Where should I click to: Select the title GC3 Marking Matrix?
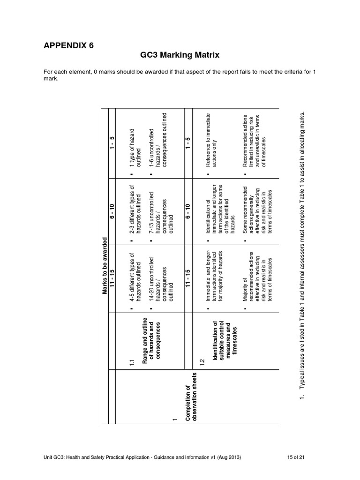(180, 55)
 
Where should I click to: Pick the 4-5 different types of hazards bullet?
(135, 278)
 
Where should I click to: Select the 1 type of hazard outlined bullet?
(135, 143)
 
